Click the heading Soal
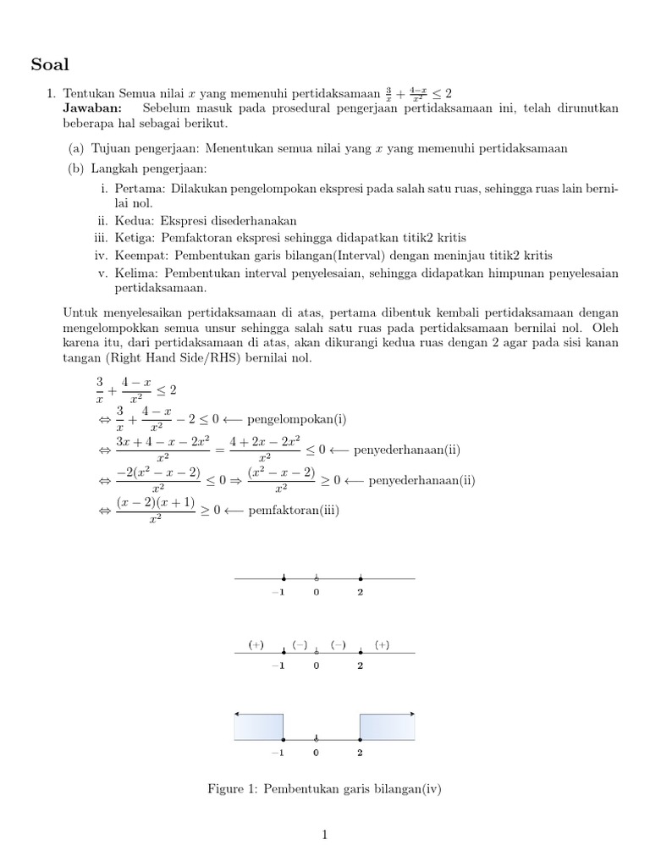coord(50,64)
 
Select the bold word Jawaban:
coord(92,108)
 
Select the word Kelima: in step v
coord(135,273)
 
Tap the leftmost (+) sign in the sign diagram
coord(256,644)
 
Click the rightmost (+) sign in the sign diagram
coord(382,644)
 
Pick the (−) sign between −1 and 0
coord(300,644)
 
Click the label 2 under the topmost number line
coord(360,592)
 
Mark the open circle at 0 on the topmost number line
coord(317,578)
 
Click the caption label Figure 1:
coord(233,789)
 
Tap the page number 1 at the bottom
coord(324,835)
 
